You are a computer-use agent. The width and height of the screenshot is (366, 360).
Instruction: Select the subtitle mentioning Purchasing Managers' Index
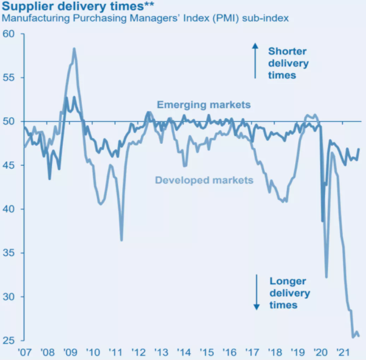tap(145, 19)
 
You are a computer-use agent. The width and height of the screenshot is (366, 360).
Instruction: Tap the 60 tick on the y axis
tap(10, 34)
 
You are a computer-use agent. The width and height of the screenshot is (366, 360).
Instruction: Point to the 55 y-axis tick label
tap(10, 78)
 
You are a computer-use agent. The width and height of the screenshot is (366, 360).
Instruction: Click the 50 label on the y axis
tap(10, 122)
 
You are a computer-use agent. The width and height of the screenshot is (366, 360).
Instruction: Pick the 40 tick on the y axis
tap(10, 209)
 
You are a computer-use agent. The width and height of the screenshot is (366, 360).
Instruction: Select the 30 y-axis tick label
tap(10, 297)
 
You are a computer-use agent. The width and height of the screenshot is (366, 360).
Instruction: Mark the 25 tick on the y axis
tap(10, 341)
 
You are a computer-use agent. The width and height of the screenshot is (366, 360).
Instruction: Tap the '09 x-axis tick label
tap(70, 352)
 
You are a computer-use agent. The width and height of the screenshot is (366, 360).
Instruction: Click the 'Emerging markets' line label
tap(204, 105)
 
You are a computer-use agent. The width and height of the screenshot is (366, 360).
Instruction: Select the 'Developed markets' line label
tap(204, 181)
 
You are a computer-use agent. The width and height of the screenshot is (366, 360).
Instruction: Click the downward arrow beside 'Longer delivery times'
tap(256, 292)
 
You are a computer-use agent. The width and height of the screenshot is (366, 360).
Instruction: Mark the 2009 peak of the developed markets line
tap(74, 49)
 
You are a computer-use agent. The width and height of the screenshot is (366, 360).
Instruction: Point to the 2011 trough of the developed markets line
tap(122, 240)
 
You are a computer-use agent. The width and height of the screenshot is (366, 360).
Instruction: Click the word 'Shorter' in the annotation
tap(287, 51)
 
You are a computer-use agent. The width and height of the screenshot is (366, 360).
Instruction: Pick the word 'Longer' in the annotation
tap(288, 281)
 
